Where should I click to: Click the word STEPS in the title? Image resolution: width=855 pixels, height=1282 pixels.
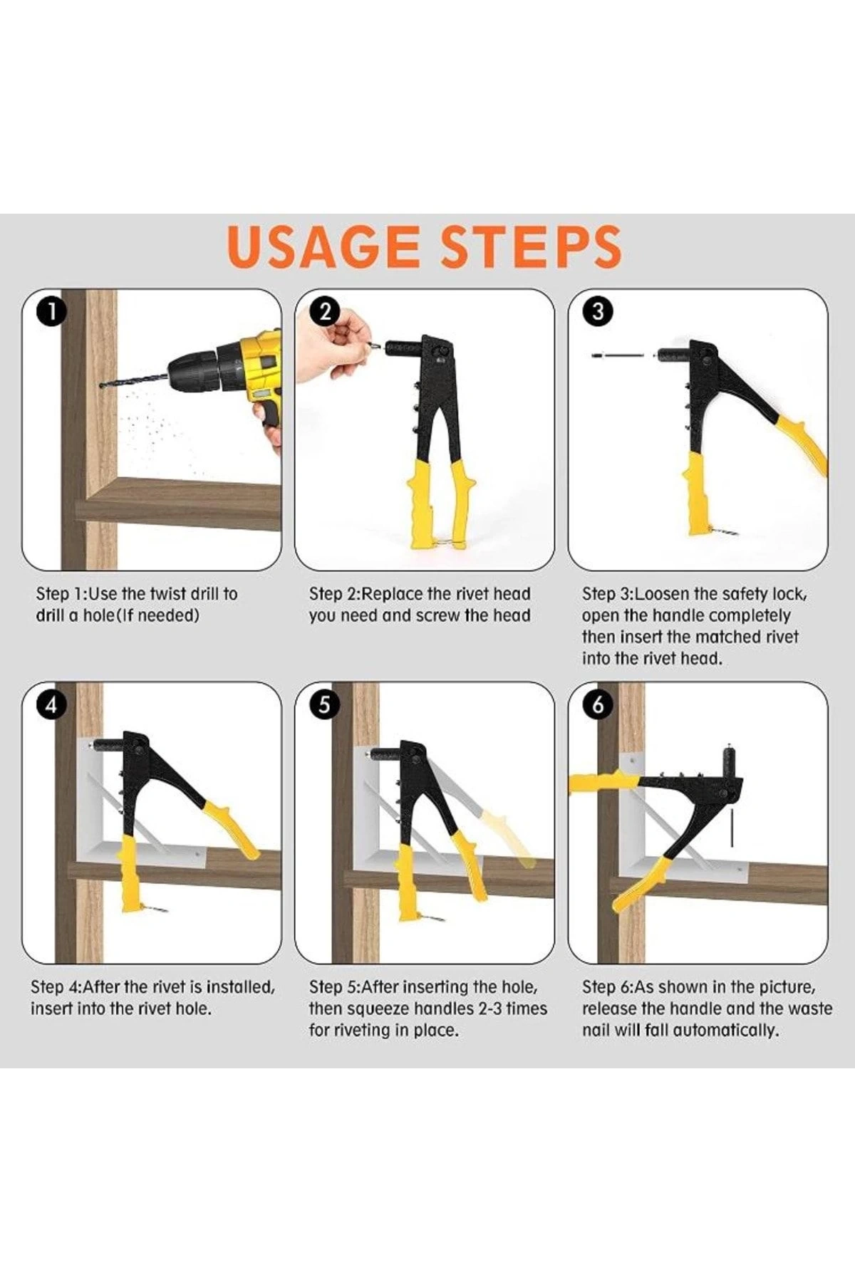[530, 246]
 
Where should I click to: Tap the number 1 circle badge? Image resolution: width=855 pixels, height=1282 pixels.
[51, 312]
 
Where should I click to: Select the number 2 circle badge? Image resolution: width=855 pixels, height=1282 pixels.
[326, 312]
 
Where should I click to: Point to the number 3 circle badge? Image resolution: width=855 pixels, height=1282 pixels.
[598, 312]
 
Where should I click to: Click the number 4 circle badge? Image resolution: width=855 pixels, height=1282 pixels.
[51, 705]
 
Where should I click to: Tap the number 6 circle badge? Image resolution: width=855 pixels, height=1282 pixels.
[598, 705]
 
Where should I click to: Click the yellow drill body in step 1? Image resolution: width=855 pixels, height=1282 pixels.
[261, 377]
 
